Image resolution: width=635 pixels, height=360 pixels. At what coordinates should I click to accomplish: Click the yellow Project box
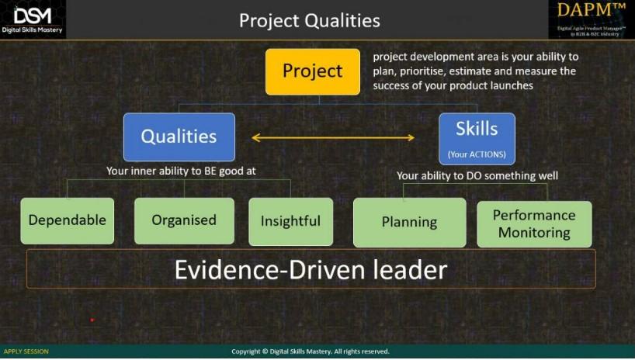[313, 71]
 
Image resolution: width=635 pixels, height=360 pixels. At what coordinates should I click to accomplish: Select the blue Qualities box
[179, 137]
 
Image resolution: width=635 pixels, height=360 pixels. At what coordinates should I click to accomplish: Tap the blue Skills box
[477, 137]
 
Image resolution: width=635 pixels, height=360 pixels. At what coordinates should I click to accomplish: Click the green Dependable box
[67, 220]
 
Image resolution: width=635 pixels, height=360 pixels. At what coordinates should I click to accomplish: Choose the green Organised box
[184, 220]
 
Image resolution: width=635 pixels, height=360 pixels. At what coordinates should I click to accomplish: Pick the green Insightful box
[290, 221]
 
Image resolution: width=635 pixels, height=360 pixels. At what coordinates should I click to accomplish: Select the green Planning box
[409, 223]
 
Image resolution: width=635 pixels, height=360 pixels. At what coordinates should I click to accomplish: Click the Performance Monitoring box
[534, 223]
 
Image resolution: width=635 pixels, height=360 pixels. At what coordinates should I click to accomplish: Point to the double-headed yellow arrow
[333, 138]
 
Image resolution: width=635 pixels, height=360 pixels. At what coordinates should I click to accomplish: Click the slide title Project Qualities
[309, 20]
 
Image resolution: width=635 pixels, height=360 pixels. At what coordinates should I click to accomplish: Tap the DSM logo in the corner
[33, 19]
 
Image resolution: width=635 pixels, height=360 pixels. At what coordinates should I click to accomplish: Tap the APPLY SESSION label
[26, 351]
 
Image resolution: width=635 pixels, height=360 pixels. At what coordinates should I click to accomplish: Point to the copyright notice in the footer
[311, 351]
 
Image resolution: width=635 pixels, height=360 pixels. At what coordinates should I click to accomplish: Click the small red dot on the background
[92, 320]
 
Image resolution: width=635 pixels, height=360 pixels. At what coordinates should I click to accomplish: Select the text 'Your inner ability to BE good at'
[181, 171]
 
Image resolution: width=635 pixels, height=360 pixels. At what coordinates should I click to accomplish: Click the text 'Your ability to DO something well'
[477, 175]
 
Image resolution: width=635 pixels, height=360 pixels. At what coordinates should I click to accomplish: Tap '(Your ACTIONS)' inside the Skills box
[477, 154]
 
